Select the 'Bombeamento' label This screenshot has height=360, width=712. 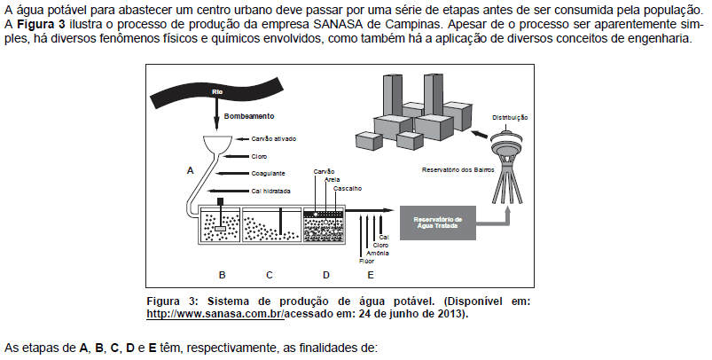tap(249, 116)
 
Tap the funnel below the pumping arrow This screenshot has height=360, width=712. tap(215, 145)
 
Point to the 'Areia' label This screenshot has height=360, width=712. tap(333, 179)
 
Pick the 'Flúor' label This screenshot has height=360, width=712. tap(365, 261)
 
